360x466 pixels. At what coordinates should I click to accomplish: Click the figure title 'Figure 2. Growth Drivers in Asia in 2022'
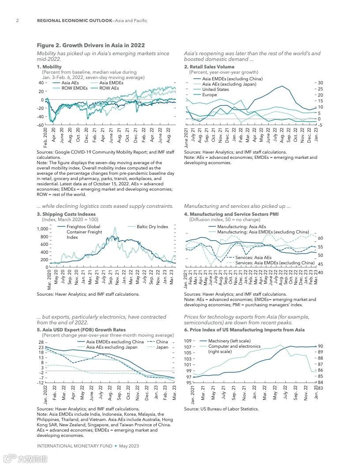pos(90,45)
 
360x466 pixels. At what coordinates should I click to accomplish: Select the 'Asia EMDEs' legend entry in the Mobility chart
pos(111,83)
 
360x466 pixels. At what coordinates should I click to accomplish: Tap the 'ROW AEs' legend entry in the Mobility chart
pos(109,88)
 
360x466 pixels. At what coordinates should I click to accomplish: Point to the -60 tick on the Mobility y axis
pos(40,125)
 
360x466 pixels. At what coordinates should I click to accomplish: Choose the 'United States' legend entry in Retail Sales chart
pos(215,89)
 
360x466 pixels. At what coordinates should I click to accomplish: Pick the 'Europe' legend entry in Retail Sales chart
pos(210,94)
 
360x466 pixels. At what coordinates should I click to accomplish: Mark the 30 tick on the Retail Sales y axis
pos(320,83)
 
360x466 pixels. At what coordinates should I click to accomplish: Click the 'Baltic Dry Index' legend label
pos(152,227)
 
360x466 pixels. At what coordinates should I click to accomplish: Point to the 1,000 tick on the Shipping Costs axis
pos(42,229)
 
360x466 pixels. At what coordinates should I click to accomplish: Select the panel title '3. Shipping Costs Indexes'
pos(66,214)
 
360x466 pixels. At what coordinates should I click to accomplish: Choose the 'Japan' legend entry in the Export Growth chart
pos(162,347)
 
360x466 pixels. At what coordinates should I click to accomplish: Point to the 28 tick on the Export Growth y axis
pos(41,342)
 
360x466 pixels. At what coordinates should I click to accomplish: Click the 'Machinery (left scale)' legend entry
pos(229,341)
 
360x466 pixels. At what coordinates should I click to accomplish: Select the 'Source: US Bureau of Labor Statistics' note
pos(221,409)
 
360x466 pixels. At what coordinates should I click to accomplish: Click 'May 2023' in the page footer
pos(129,446)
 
